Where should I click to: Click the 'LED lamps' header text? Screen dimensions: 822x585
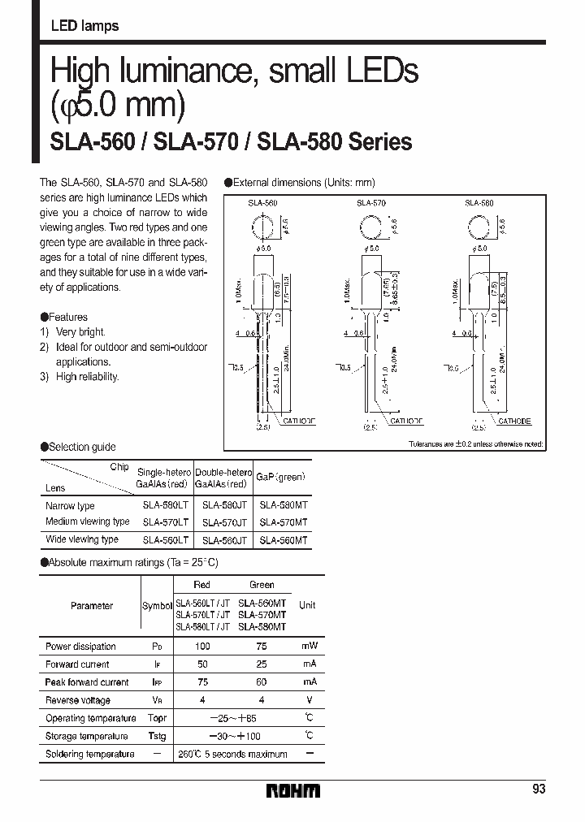pyautogui.click(x=84, y=26)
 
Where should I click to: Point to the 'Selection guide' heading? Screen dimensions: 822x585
pyautogui.click(x=79, y=447)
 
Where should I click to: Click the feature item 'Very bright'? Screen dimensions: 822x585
pyautogui.click(x=80, y=332)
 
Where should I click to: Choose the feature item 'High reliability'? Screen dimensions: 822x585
pyautogui.click(x=87, y=376)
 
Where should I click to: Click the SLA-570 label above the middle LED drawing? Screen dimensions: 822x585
pyautogui.click(x=370, y=203)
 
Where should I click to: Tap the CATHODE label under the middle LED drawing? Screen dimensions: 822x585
pyautogui.click(x=406, y=422)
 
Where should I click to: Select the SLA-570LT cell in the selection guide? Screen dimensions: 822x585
pyautogui.click(x=165, y=522)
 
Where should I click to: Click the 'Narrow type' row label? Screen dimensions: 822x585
pyautogui.click(x=70, y=505)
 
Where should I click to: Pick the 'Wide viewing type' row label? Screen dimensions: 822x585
pyautogui.click(x=82, y=539)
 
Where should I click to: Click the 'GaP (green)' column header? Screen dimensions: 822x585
pyautogui.click(x=280, y=478)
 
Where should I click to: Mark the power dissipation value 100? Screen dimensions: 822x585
pyautogui.click(x=202, y=647)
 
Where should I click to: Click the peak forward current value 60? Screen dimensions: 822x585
pyautogui.click(x=262, y=682)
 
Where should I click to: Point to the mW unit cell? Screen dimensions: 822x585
pyautogui.click(x=308, y=647)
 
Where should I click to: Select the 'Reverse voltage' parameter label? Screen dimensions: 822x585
pyautogui.click(x=77, y=700)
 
